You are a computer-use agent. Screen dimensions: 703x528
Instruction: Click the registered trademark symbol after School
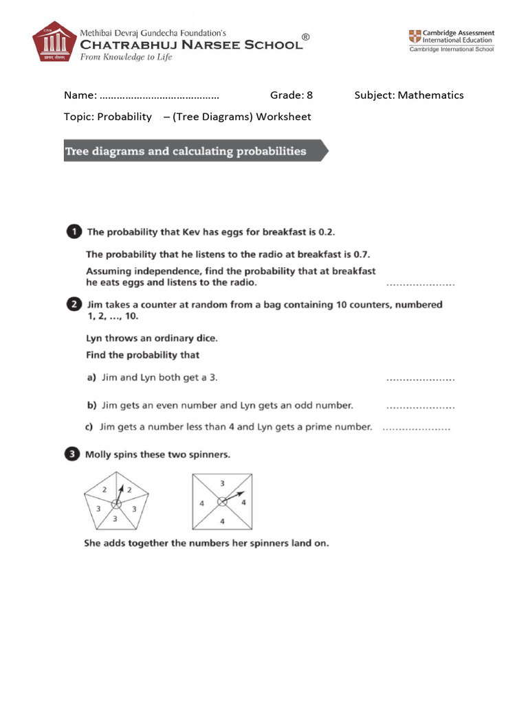306,36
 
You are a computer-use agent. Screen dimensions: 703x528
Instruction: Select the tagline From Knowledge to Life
126,58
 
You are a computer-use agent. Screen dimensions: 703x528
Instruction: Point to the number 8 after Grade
309,95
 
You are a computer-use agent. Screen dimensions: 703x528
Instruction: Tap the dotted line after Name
159,96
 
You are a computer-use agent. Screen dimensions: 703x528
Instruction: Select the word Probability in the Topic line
124,117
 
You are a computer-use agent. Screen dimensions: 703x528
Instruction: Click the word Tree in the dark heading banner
78,151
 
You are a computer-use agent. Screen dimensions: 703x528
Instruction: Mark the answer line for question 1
420,283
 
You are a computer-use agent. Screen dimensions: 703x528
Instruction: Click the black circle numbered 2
74,304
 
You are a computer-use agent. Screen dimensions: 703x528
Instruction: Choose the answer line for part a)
420,378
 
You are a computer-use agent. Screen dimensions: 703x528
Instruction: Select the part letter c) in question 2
89,427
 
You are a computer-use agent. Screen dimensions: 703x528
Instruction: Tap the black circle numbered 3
74,454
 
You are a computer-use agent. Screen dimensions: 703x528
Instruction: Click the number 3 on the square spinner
222,483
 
